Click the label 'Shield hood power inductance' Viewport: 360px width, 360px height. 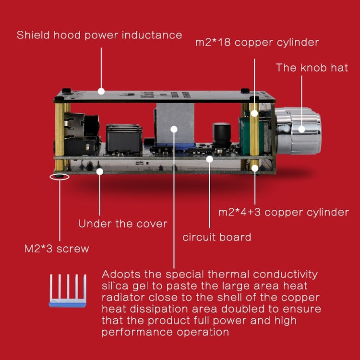click(99, 35)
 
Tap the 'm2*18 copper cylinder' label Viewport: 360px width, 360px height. click(257, 42)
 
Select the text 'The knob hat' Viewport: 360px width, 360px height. click(312, 67)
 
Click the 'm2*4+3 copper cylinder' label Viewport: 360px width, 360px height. click(284, 212)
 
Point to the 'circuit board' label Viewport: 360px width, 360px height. click(217, 237)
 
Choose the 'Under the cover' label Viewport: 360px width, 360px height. click(122, 223)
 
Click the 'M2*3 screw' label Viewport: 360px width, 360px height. click(57, 249)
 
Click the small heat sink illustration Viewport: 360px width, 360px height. click(67, 290)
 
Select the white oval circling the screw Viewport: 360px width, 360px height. click(59, 176)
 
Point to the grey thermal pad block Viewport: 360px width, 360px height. click(174, 126)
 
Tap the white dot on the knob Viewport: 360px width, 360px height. click(302, 129)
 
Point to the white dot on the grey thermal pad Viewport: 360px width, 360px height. click(174, 129)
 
